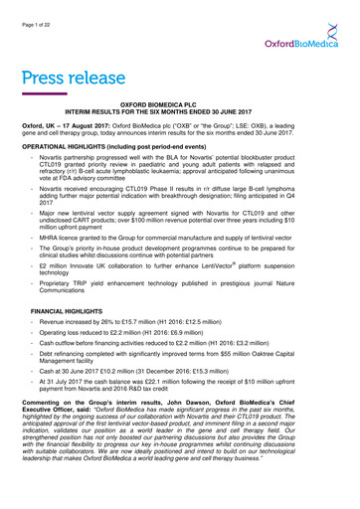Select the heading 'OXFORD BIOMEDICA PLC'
tap(180, 116)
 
